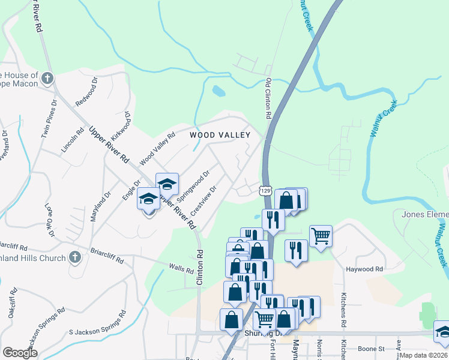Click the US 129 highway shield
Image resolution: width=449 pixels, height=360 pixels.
(265, 190)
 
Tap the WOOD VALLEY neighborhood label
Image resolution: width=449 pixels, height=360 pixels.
(220, 135)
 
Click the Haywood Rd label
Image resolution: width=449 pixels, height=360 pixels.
(364, 269)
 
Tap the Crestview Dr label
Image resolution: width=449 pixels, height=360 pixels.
(203, 201)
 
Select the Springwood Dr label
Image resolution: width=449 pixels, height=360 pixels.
(196, 186)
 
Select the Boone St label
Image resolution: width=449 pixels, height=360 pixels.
(372, 349)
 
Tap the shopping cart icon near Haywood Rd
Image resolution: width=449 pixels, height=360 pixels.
(321, 235)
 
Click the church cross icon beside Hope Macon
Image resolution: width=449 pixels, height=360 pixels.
(47, 79)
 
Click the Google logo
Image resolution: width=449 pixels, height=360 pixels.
(20, 353)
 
